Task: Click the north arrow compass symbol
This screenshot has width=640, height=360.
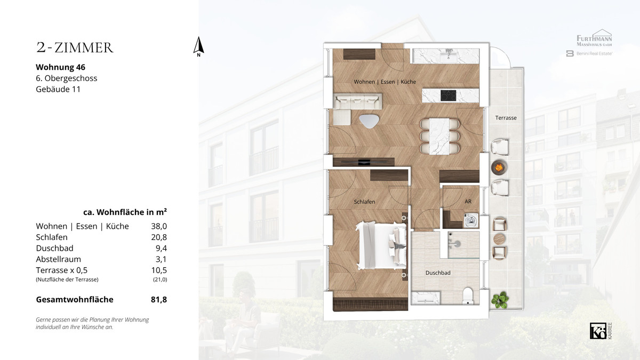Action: pyautogui.click(x=198, y=46)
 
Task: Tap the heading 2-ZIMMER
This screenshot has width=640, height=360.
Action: pyautogui.click(x=75, y=47)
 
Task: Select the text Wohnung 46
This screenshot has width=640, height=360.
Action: pyautogui.click(x=61, y=67)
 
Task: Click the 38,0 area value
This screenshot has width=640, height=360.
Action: pyautogui.click(x=159, y=226)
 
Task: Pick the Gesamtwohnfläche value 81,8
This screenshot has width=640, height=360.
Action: pyautogui.click(x=159, y=299)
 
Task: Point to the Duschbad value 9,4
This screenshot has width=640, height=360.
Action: pyautogui.click(x=161, y=249)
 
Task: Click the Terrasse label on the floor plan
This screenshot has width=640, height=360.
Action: pyautogui.click(x=506, y=118)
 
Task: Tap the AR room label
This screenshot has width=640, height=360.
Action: pyautogui.click(x=468, y=202)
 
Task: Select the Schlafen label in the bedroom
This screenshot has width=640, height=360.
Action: pyautogui.click(x=364, y=202)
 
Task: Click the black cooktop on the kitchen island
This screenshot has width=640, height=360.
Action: pyautogui.click(x=449, y=95)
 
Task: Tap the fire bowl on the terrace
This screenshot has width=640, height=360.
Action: pyautogui.click(x=499, y=167)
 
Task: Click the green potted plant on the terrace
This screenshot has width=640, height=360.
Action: pyautogui.click(x=500, y=300)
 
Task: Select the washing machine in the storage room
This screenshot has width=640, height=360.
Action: pyautogui.click(x=471, y=221)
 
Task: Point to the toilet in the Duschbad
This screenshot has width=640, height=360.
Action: pyautogui.click(x=468, y=296)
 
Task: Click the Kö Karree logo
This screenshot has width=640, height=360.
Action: pyautogui.click(x=601, y=331)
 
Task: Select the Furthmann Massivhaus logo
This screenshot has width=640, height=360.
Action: pyautogui.click(x=594, y=38)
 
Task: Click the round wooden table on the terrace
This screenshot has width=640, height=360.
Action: pyautogui.click(x=499, y=239)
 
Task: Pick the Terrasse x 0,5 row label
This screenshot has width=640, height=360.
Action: pyautogui.click(x=62, y=270)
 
